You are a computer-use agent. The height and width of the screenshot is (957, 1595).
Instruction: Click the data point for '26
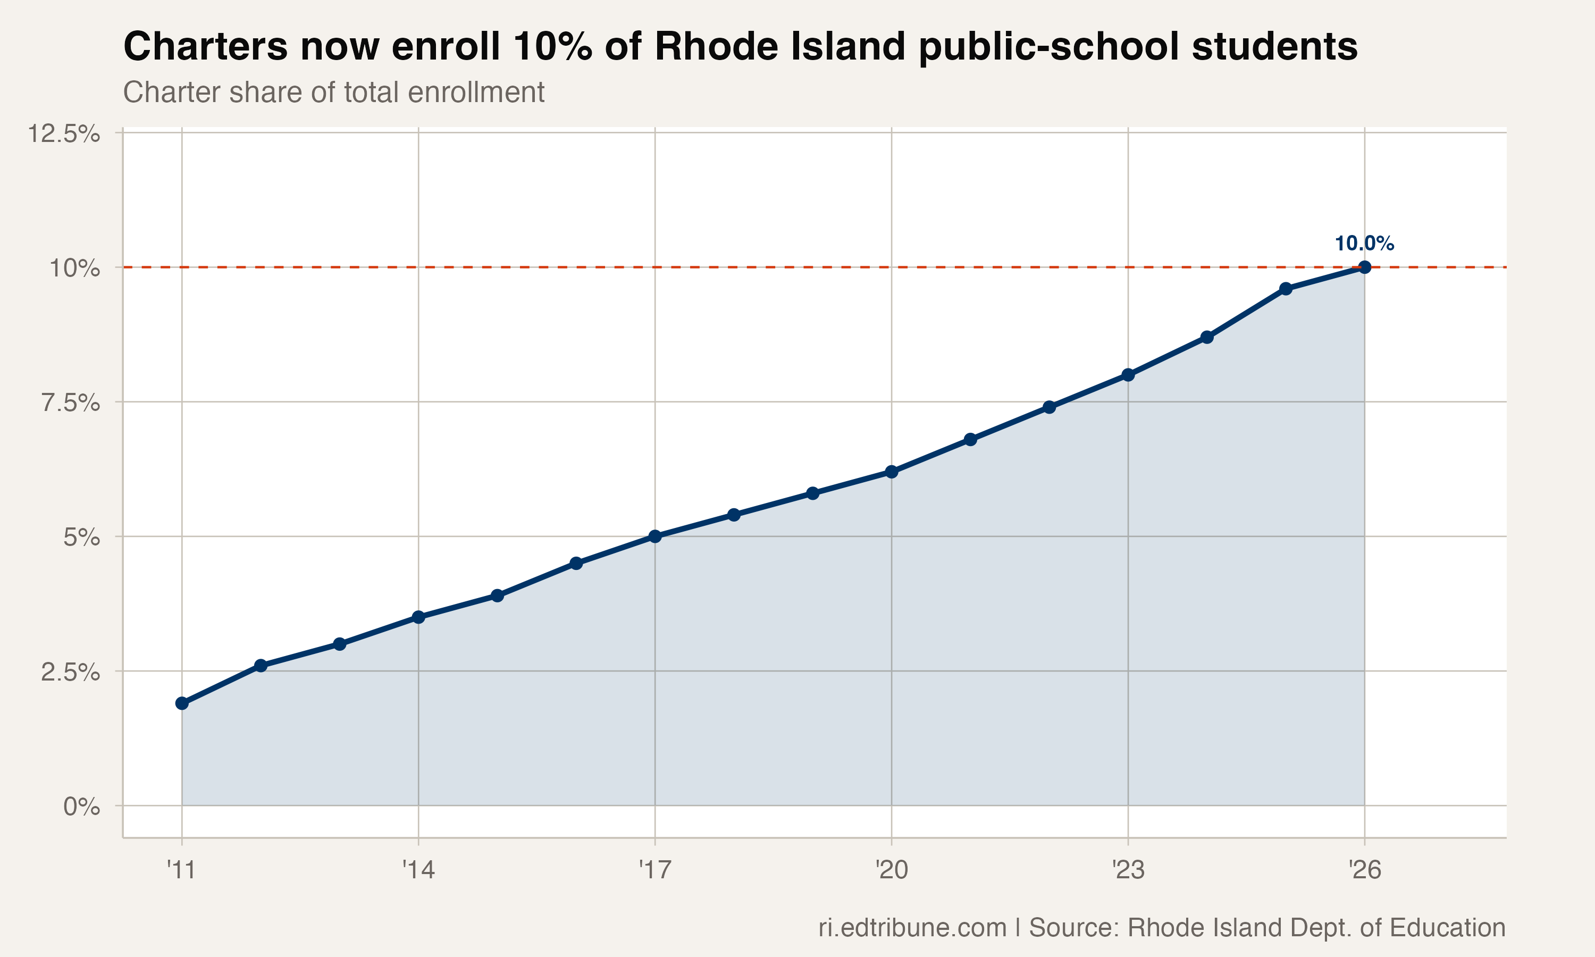click(1364, 267)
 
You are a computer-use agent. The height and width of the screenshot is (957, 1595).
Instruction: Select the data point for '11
click(182, 703)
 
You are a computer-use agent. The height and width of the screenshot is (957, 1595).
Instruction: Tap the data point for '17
click(655, 536)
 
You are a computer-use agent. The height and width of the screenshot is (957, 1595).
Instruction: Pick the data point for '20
click(892, 472)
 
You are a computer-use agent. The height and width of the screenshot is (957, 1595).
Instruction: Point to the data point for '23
click(1128, 375)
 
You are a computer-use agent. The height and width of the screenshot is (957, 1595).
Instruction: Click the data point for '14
click(418, 617)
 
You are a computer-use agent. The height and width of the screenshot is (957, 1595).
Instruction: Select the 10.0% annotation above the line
click(1364, 244)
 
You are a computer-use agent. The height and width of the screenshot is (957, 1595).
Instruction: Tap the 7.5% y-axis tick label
click(70, 403)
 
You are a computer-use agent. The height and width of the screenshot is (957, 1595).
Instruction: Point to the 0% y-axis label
click(81, 807)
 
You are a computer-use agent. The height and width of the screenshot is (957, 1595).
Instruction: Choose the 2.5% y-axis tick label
click(70, 672)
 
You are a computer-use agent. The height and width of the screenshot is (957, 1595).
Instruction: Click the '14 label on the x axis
click(418, 870)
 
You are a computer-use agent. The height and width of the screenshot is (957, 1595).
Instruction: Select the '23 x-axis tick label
click(1128, 870)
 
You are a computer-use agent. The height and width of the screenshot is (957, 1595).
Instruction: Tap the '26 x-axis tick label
click(1364, 870)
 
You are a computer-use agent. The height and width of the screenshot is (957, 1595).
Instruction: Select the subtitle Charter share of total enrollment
click(333, 92)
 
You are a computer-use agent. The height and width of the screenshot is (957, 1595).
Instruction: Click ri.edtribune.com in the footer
click(912, 927)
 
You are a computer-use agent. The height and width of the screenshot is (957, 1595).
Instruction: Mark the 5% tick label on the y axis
click(81, 537)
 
